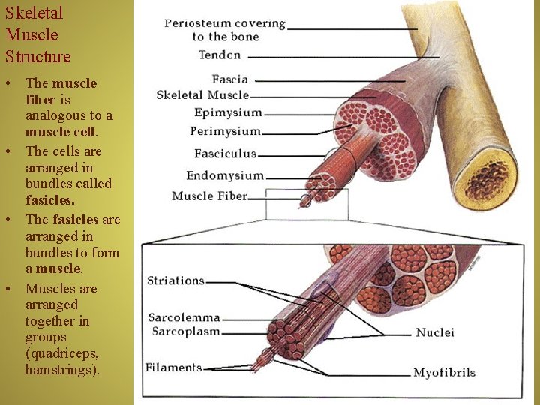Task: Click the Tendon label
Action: point(220,55)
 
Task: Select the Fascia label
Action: point(229,79)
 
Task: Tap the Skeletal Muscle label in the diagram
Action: point(202,95)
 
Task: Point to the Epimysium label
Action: point(228,112)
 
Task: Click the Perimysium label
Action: point(225,131)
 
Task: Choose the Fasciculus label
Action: point(225,154)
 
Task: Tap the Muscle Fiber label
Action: point(209,196)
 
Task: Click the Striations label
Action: point(175,280)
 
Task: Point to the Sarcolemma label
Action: point(184,317)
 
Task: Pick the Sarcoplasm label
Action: point(184,331)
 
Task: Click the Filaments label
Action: point(174,367)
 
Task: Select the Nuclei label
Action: point(435,332)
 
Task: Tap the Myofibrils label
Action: point(445,372)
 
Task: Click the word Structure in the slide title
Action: point(38,56)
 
